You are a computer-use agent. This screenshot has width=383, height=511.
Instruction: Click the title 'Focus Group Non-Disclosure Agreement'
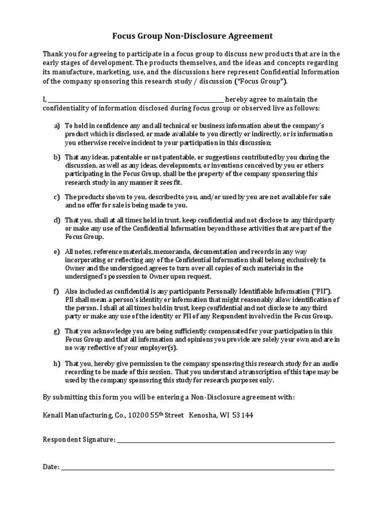click(191, 36)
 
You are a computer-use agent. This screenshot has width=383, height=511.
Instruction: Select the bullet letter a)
click(57, 125)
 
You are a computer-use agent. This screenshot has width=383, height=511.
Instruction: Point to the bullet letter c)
click(57, 197)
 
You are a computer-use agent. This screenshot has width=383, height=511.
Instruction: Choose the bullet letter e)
click(57, 251)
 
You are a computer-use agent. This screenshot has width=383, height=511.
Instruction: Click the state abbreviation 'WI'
click(225, 415)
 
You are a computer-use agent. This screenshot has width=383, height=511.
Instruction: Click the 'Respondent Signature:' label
click(79, 440)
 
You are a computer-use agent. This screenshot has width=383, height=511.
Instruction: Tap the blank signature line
click(225, 441)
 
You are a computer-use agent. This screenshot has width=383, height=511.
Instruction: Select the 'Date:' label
click(51, 467)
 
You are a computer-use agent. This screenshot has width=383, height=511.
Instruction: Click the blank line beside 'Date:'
click(197, 469)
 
